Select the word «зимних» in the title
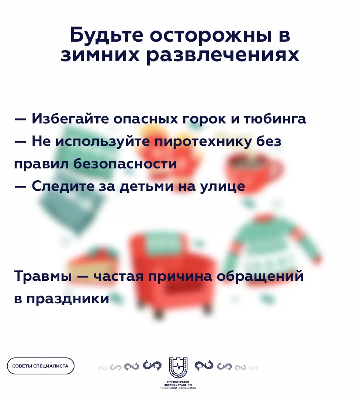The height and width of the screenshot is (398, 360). point(100,55)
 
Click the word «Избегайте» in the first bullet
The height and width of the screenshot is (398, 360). point(70,119)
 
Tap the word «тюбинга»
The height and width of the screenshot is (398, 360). point(275,119)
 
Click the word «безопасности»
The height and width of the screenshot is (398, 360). point(125,164)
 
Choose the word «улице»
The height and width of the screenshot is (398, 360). point(222,186)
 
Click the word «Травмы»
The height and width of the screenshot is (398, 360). point(43,276)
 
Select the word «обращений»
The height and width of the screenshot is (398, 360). point(260,276)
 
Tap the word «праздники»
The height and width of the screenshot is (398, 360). point(67,299)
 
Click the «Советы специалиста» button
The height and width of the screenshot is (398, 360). point(41,366)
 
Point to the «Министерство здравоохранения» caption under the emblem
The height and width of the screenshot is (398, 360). point(178,385)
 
